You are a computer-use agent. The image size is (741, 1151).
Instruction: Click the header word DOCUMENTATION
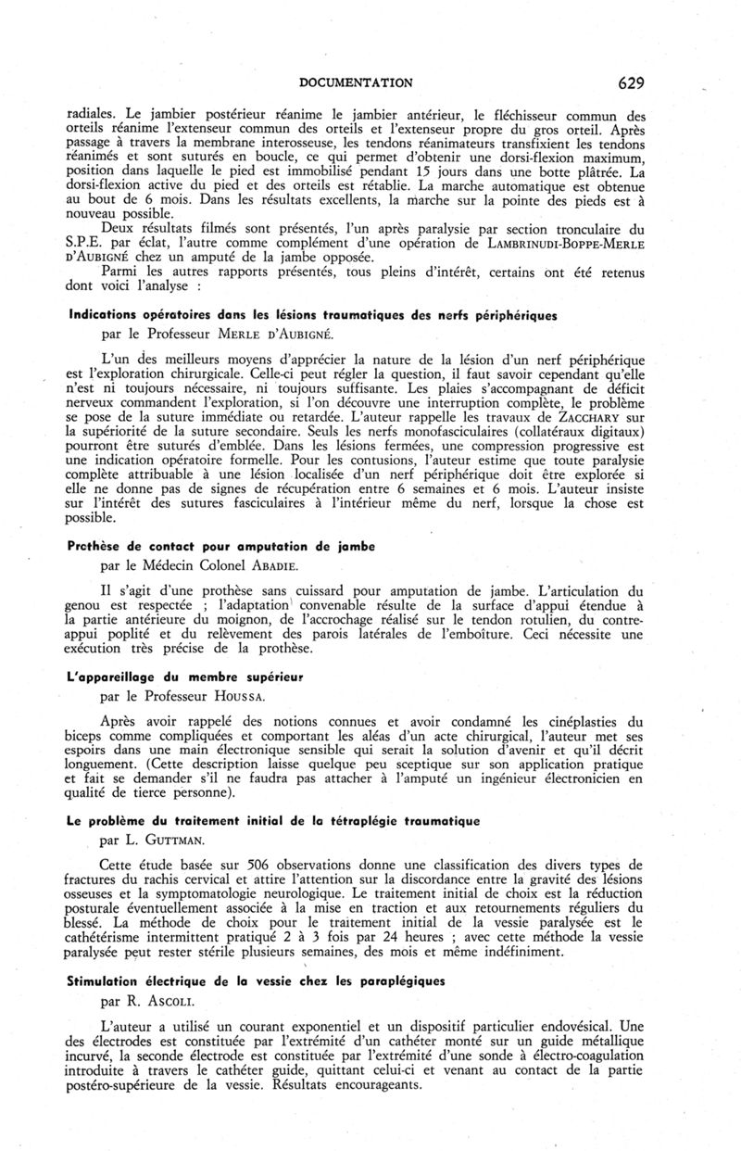coord(357,82)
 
